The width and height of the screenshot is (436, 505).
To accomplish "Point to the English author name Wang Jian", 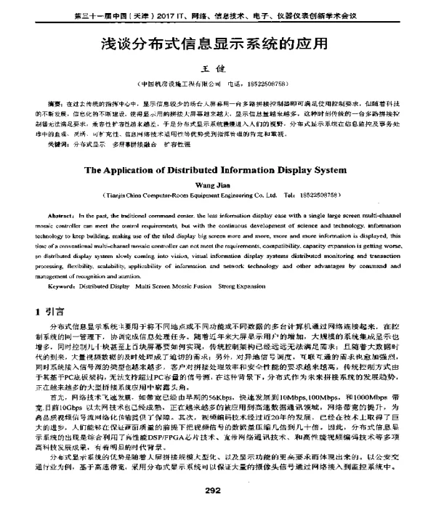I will [x=218, y=185].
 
